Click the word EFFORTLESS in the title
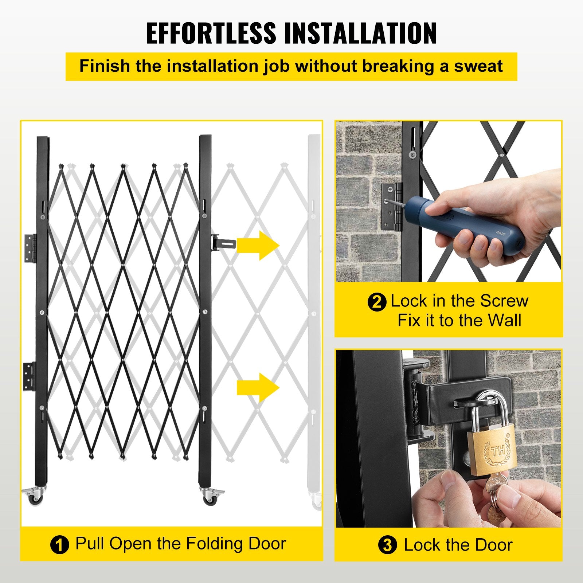coord(211,33)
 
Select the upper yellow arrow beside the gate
coord(258,245)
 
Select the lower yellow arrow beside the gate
coord(258,388)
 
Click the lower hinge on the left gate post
coord(30,376)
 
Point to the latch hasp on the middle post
coord(223,242)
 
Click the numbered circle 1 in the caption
coord(59,545)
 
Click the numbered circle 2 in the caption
coord(376,302)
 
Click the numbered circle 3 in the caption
coord(387,545)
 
